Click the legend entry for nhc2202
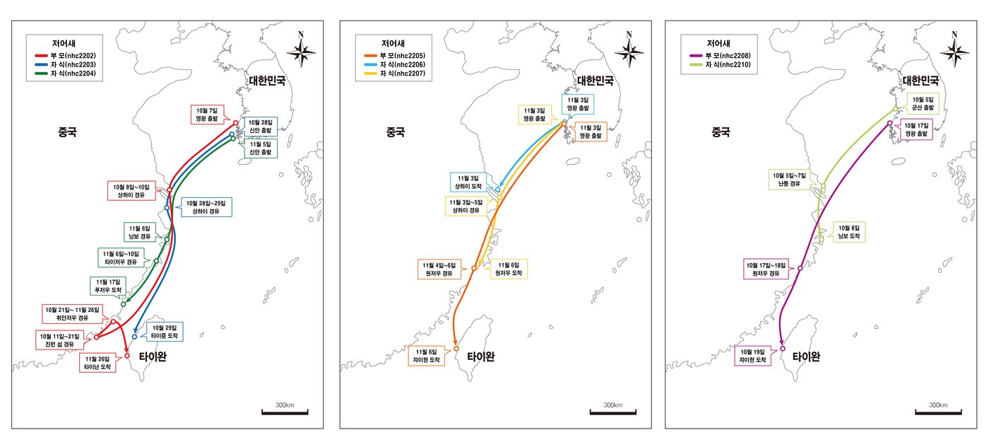tap(71, 54)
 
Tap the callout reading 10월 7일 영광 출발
tap(208, 115)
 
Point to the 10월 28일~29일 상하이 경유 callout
tap(206, 207)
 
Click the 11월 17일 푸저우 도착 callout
tap(109, 286)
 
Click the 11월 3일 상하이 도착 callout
tap(468, 182)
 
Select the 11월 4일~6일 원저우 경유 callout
tap(442, 269)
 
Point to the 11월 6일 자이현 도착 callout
tap(427, 356)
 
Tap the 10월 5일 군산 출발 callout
tap(923, 104)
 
